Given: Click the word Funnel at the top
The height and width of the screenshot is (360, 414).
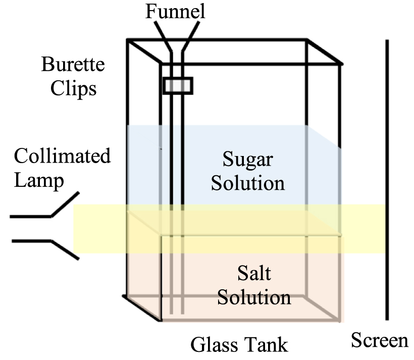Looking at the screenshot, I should click(x=176, y=11).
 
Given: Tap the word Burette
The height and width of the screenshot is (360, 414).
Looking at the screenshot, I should click(x=73, y=65).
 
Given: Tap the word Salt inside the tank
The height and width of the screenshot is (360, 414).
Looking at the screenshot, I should click(x=254, y=274).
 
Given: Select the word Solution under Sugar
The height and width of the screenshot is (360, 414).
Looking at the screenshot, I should click(x=247, y=182).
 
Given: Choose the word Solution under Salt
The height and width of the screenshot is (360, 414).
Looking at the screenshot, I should click(x=254, y=297).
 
